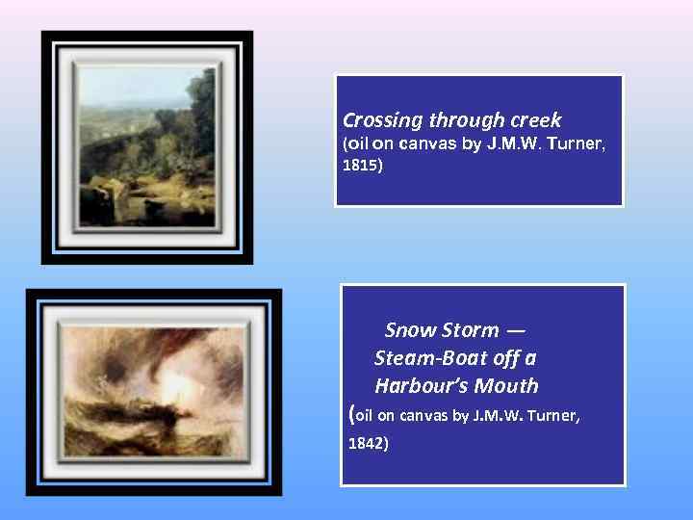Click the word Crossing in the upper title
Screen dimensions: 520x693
pos(383,121)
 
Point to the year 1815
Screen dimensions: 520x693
pos(362,166)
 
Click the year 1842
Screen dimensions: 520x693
pos(367,445)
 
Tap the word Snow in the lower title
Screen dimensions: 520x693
pos(409,330)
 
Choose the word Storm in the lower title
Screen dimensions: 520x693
pos(470,330)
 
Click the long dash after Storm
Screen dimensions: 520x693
pos(515,330)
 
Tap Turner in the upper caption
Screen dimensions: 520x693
pos(578,143)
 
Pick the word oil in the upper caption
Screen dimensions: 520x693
pos(357,143)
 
